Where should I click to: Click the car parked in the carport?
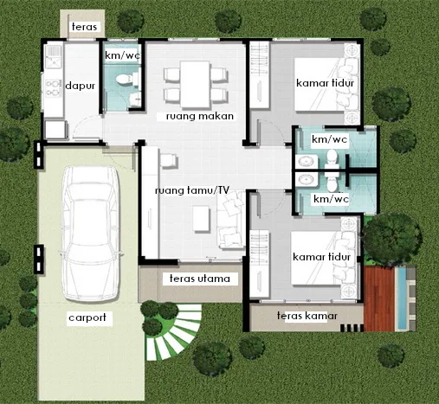click(x=90, y=234)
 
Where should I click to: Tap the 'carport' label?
click(x=87, y=317)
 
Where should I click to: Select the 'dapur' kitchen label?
click(x=80, y=86)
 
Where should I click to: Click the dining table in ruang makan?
click(x=195, y=84)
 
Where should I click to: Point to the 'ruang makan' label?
click(x=200, y=116)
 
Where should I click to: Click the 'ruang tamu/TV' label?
click(x=192, y=190)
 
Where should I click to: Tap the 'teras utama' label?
click(x=200, y=279)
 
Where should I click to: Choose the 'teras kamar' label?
click(x=307, y=316)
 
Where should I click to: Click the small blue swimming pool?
click(x=402, y=298)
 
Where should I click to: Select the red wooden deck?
click(x=379, y=298)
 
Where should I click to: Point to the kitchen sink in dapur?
click(x=54, y=57)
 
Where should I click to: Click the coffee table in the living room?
click(x=202, y=218)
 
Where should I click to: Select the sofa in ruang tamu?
click(x=230, y=221)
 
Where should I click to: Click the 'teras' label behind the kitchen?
click(x=84, y=27)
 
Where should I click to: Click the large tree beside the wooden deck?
click(x=391, y=239)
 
